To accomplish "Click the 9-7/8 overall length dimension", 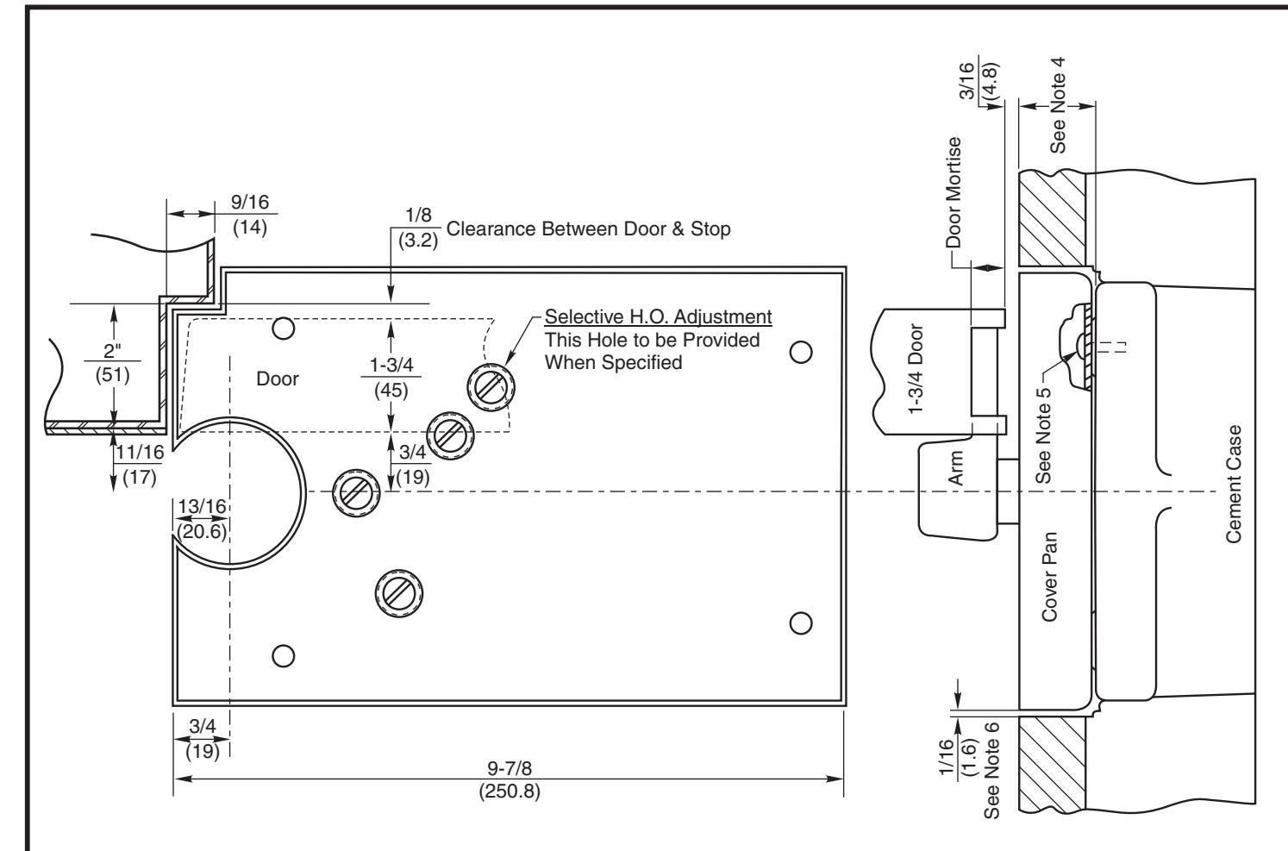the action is [x=510, y=768].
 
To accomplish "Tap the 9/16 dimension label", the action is [x=249, y=202].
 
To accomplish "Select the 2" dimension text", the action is [x=112, y=350].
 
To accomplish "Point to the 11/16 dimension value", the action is [x=140, y=453].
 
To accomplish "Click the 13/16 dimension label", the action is [x=202, y=507].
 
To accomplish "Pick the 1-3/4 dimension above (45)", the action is [x=391, y=365].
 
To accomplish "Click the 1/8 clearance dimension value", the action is [x=418, y=215].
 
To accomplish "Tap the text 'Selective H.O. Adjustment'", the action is [x=659, y=316].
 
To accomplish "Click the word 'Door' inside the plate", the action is [x=277, y=379].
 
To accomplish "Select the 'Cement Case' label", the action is [x=1234, y=485].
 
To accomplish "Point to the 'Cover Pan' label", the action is [x=1049, y=577].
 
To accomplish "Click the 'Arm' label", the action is [x=955, y=468].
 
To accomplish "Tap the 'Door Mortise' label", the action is [x=953, y=192].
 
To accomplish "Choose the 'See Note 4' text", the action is [x=1058, y=105].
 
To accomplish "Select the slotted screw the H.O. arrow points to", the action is [x=491, y=387].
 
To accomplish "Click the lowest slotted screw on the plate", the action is [x=399, y=593].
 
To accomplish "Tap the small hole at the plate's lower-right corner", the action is [x=801, y=623].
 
